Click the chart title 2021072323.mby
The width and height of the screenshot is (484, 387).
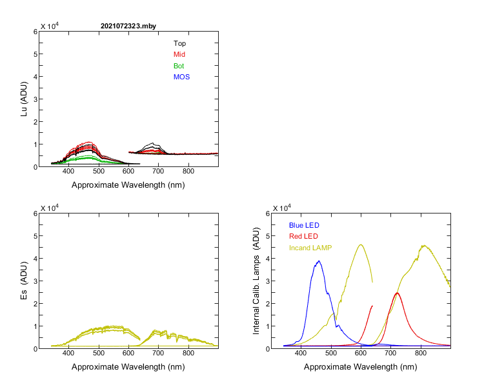coord(128,26)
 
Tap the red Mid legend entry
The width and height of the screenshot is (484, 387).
coord(179,55)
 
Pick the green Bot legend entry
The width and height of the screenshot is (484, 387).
coord(179,66)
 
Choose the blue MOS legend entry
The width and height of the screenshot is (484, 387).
coord(181,77)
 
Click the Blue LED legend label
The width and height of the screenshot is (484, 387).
coord(304,225)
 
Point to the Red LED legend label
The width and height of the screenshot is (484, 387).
coord(303,236)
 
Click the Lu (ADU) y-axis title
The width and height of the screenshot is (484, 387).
coord(25,99)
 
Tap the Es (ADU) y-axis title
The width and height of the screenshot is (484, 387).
coord(25,281)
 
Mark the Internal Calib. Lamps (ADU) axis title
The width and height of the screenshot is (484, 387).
coord(256,281)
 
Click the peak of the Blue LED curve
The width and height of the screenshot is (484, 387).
coord(319,261)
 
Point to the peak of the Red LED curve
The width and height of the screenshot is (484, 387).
coord(397,293)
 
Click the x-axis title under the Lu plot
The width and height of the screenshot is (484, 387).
coord(128,185)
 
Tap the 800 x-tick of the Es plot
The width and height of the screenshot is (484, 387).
coord(188,354)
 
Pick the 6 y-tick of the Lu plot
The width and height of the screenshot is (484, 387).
coord(33,31)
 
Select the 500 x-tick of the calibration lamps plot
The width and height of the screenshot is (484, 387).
coord(331,354)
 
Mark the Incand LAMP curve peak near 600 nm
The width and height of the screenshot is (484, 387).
coord(361,244)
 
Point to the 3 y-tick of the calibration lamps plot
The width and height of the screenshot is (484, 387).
coord(265,281)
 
